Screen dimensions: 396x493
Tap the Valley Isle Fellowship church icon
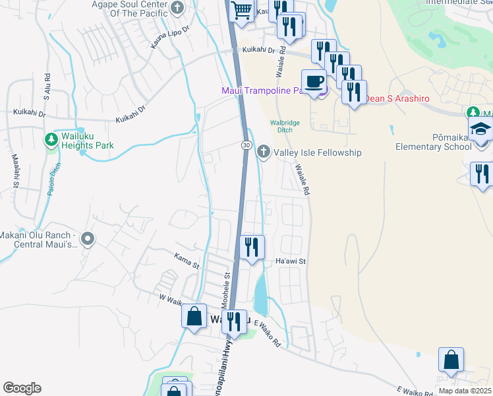(264, 152)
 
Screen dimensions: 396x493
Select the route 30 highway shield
(245, 145)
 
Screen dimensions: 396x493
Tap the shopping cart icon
(242, 10)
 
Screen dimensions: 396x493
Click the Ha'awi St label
(291, 262)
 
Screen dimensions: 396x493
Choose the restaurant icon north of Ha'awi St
(252, 247)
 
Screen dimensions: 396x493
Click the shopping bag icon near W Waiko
(194, 316)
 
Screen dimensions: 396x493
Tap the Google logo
(22, 388)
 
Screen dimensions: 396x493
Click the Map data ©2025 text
(465, 391)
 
